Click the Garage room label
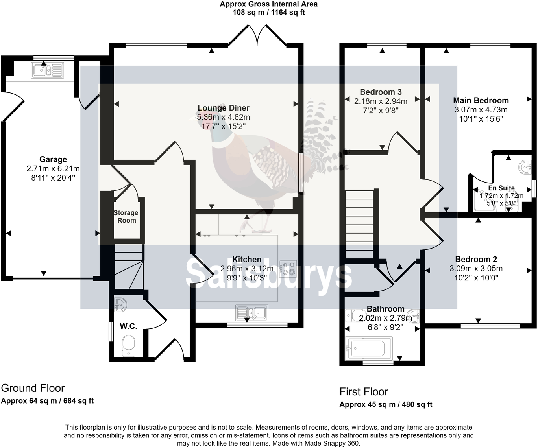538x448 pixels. click(x=53, y=159)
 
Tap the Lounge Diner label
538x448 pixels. click(x=223, y=108)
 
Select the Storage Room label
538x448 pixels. click(x=126, y=216)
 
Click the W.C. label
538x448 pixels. click(x=128, y=326)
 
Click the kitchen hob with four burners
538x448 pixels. click(x=287, y=269)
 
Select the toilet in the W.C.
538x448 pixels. click(x=129, y=346)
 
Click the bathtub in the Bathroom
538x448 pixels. click(x=366, y=348)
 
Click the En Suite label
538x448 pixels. click(x=501, y=188)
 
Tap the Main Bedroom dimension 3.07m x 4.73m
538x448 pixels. click(x=481, y=110)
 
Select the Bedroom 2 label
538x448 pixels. click(x=476, y=259)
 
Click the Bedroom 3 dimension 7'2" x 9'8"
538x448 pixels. click(x=381, y=111)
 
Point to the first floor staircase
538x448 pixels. click(x=359, y=224)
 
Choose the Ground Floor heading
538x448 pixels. click(x=33, y=388)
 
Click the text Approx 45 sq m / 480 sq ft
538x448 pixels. click(x=386, y=404)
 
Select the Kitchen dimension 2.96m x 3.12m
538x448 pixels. click(x=247, y=269)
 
